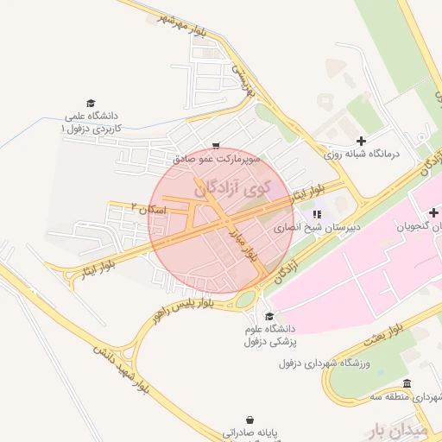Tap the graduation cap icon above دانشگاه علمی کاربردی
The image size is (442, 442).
coord(91,102)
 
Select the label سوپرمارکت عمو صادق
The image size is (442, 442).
coord(215,160)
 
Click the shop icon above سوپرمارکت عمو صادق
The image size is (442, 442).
coord(215,146)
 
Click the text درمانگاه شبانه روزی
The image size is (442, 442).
coord(363,154)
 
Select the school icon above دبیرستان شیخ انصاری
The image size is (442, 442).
coord(317,213)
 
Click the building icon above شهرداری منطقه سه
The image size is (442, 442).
coord(407,384)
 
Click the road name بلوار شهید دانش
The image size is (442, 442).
coord(121,372)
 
